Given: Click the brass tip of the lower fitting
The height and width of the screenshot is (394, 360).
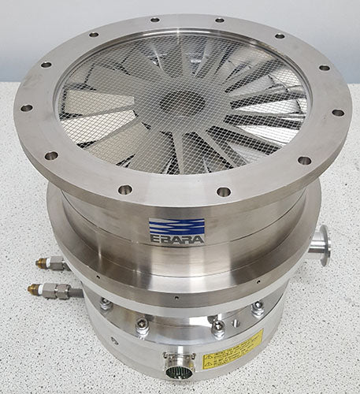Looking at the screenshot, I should click(32, 288).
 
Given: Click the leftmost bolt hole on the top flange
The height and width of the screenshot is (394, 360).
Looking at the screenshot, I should click(26, 108).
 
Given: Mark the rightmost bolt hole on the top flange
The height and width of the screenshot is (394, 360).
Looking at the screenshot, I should click(338, 112).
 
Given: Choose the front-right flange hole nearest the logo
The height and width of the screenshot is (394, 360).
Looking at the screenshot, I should click(225, 191).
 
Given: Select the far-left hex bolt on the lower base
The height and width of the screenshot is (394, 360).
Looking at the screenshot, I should click(105, 304).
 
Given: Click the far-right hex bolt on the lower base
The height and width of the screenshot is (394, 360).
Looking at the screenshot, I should click(258, 309).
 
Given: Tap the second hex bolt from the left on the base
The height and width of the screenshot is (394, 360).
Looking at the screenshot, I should click(142, 325).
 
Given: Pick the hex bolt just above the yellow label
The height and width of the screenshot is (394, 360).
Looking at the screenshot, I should click(217, 325).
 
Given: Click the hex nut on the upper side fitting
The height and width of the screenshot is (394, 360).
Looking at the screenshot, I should click(57, 263).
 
